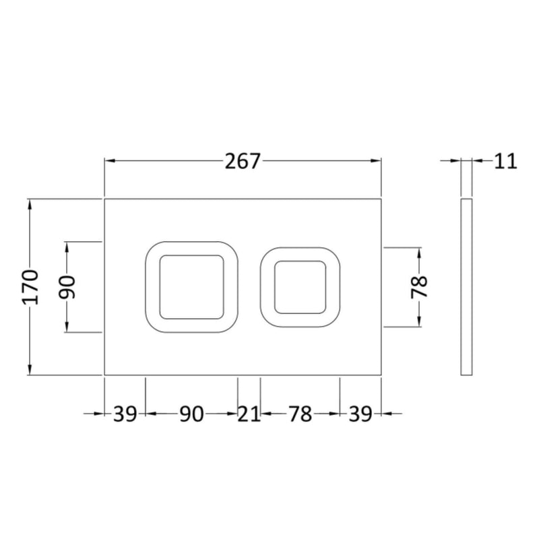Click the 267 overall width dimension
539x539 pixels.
[x=243, y=162]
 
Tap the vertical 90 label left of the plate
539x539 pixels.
[x=68, y=287]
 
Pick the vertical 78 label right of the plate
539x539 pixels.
[x=419, y=287]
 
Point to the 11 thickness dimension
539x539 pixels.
[x=505, y=161]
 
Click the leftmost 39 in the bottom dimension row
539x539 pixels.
[x=125, y=414]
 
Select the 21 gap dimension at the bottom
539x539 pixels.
[x=249, y=414]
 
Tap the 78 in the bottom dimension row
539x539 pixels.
[x=300, y=414]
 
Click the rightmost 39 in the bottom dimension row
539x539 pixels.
[x=360, y=414]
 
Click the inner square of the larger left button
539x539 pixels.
[x=191, y=286]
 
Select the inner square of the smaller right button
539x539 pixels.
[x=300, y=287]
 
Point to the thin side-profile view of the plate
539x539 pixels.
[x=466, y=287]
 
